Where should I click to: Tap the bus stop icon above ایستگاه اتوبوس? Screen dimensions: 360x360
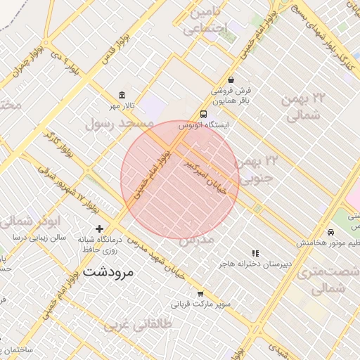(x=203, y=114)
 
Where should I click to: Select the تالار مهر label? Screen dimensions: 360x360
(x=122, y=105)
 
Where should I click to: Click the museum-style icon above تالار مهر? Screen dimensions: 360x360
(x=122, y=95)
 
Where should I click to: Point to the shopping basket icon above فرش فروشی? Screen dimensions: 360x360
(x=231, y=80)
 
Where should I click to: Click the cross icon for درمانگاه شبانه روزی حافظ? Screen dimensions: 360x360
(x=99, y=229)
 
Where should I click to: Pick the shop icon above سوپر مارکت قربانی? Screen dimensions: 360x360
(x=200, y=294)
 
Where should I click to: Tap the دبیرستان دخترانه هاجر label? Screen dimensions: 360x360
(x=255, y=263)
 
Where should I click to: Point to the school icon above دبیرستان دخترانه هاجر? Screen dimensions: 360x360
(x=255, y=252)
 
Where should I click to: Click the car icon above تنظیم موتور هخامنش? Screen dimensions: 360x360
(x=330, y=232)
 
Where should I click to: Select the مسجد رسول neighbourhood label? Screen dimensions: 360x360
(x=119, y=124)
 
